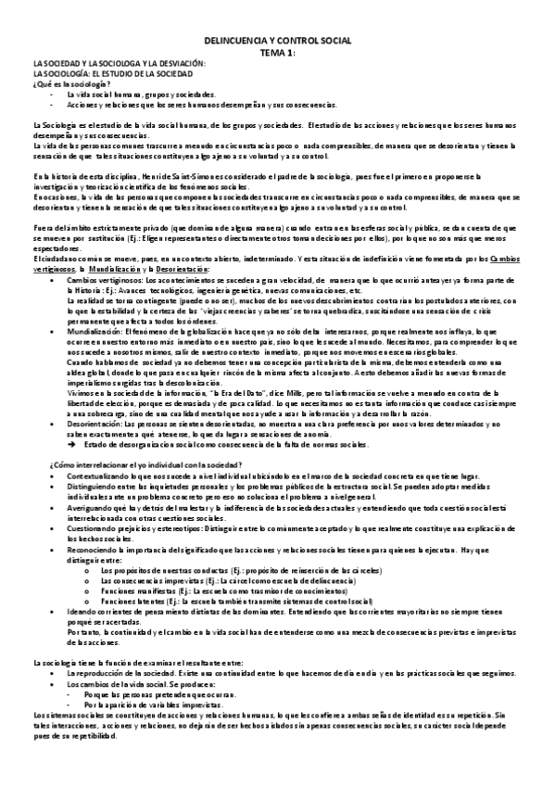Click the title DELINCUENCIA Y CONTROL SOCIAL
click(x=277, y=44)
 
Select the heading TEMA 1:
click(x=277, y=53)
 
